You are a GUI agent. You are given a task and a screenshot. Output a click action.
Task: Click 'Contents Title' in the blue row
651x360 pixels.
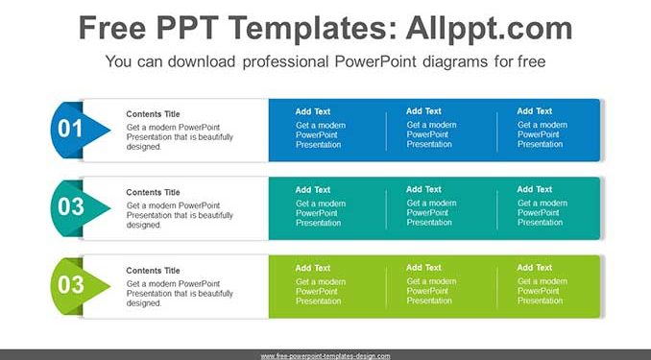click(153, 114)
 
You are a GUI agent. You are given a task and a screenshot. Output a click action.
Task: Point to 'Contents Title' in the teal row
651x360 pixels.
click(153, 192)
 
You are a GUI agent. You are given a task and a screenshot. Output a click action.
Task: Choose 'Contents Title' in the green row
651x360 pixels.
click(153, 271)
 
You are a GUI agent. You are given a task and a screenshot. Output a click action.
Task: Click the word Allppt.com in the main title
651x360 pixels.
click(489, 28)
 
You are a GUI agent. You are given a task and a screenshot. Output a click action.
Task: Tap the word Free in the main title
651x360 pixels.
click(112, 28)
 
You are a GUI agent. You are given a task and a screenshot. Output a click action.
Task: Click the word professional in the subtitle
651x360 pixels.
click(285, 61)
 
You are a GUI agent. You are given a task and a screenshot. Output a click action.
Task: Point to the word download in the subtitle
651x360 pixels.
click(202, 61)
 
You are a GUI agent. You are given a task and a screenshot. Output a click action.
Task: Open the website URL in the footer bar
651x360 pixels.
click(325, 356)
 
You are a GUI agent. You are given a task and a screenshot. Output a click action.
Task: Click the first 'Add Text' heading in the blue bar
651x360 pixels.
click(313, 111)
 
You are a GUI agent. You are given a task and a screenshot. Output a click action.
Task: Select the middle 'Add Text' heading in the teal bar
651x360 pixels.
click(423, 189)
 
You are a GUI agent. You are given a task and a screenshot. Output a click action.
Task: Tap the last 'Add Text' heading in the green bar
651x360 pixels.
click(534, 268)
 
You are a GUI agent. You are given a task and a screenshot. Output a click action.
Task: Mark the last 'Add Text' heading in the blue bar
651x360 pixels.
click(534, 111)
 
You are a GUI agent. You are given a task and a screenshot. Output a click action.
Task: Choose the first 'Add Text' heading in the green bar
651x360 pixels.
click(313, 268)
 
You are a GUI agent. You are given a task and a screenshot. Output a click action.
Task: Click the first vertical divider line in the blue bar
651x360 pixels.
click(386, 131)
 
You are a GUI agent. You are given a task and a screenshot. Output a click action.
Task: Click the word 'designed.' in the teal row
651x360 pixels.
click(144, 225)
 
